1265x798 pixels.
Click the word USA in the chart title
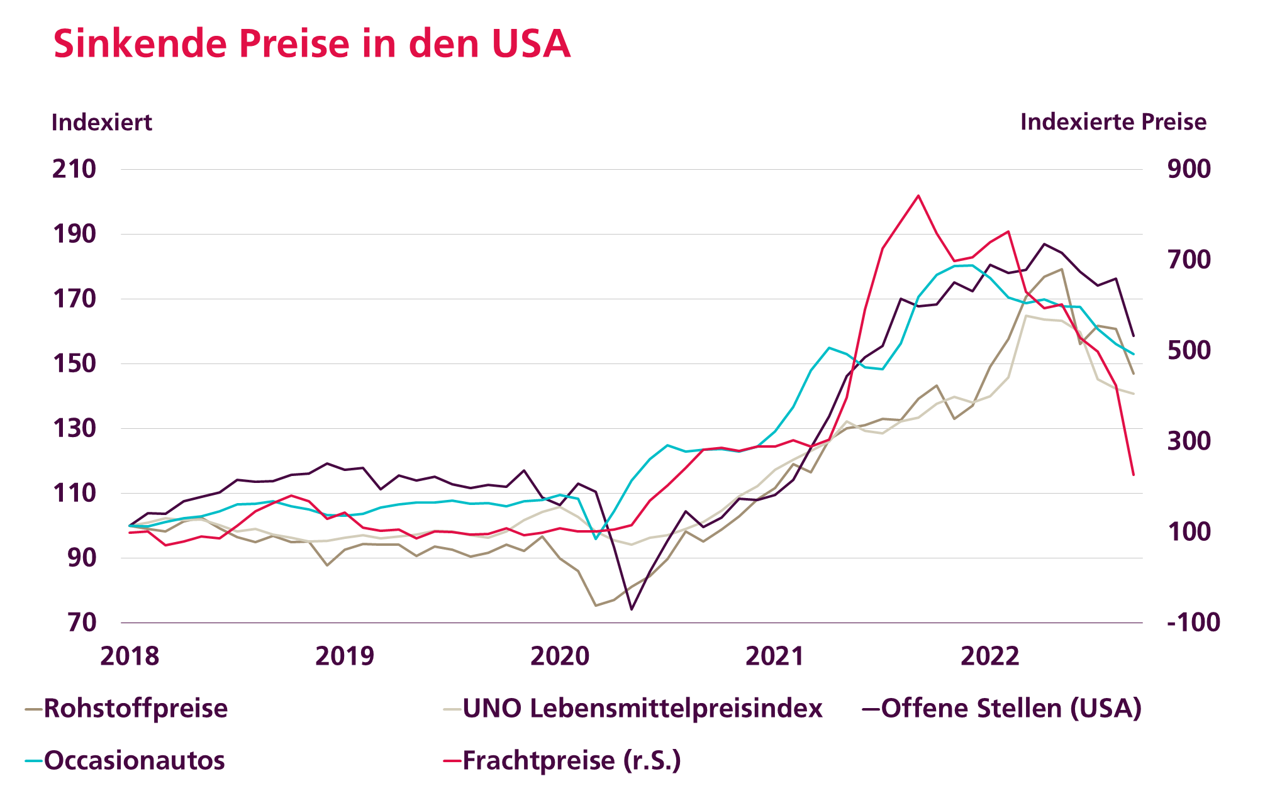(531, 44)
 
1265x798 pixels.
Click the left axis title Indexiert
(101, 122)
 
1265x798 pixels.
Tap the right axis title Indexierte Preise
(1113, 122)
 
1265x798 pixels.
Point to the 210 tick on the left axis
(74, 169)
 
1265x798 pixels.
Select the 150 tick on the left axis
(74, 363)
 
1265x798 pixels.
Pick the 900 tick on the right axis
(1188, 169)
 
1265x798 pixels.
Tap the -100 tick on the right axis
(1193, 623)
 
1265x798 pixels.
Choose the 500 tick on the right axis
(1188, 350)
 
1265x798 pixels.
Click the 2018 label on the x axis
(130, 656)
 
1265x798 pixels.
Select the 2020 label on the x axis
(560, 656)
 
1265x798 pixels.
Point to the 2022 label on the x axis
(989, 656)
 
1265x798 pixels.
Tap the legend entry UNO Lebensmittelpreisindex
(642, 709)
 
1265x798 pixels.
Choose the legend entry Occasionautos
(134, 761)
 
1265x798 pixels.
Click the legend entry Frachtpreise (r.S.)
(571, 761)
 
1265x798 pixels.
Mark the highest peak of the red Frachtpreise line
(918, 196)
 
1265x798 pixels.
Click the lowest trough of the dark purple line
(632, 609)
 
